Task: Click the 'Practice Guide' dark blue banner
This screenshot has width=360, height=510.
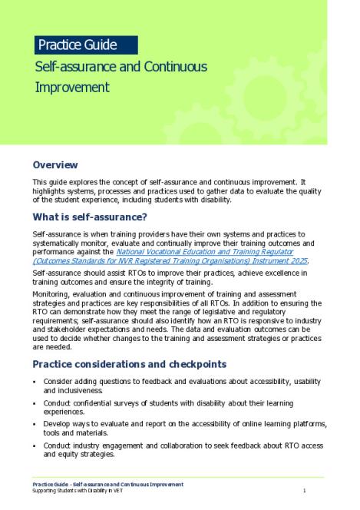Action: pyautogui.click(x=84, y=44)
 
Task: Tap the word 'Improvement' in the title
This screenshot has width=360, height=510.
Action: pyautogui.click(x=72, y=88)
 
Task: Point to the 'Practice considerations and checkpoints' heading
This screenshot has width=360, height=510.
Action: pyautogui.click(x=129, y=363)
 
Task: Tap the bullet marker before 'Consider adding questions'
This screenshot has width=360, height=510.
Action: pyautogui.click(x=35, y=381)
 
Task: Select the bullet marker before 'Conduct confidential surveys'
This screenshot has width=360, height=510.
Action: pyautogui.click(x=35, y=402)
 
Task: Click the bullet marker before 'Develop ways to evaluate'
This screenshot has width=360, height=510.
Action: pyautogui.click(x=35, y=424)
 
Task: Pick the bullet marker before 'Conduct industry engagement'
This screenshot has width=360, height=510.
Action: pyautogui.click(x=35, y=445)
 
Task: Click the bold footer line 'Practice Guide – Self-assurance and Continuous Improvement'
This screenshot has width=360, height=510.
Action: pyautogui.click(x=107, y=484)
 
